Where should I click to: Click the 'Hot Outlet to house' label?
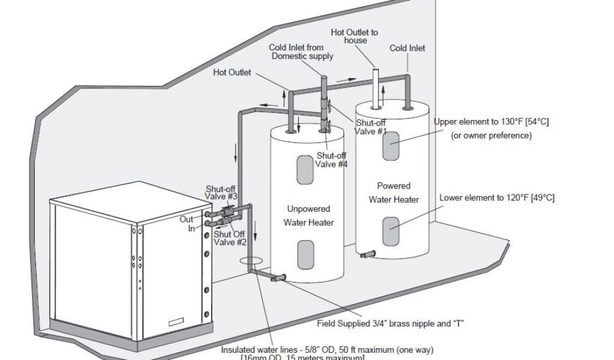coord(354,36)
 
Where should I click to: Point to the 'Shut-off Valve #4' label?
coord(332,160)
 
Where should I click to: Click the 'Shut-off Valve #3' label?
coord(222,191)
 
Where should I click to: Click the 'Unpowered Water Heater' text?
coord(308,216)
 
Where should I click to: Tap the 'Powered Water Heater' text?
coord(394,193)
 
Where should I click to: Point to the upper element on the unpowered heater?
coord(305,170)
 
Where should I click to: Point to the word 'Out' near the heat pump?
coord(186,219)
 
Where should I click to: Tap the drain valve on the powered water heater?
coord(366,254)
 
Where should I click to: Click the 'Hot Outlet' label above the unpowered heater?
coord(232,73)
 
